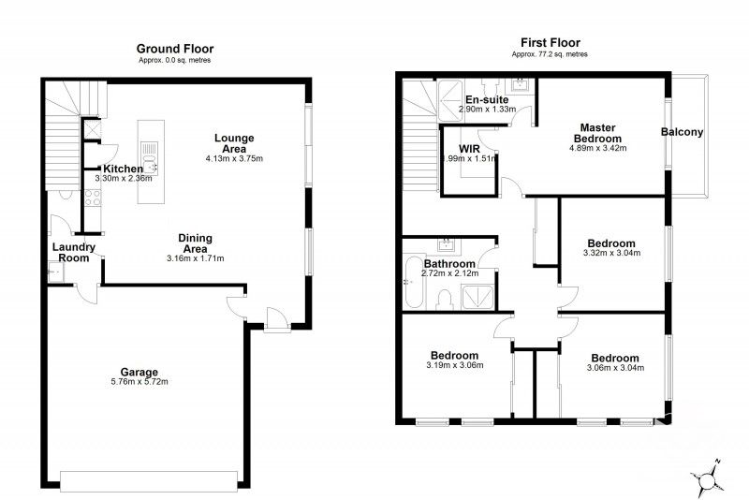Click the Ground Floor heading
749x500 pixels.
click(174, 49)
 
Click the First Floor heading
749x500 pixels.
click(550, 42)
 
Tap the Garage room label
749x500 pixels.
click(138, 371)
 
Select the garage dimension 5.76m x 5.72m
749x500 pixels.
click(138, 382)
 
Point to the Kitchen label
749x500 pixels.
click(123, 169)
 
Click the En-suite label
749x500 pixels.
click(487, 98)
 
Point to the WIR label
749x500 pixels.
click(470, 148)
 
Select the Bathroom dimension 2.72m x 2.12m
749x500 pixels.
click(450, 274)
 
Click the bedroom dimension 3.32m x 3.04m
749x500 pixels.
click(613, 253)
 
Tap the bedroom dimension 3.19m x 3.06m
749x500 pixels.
click(454, 367)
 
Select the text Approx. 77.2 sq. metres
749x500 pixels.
click(550, 54)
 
